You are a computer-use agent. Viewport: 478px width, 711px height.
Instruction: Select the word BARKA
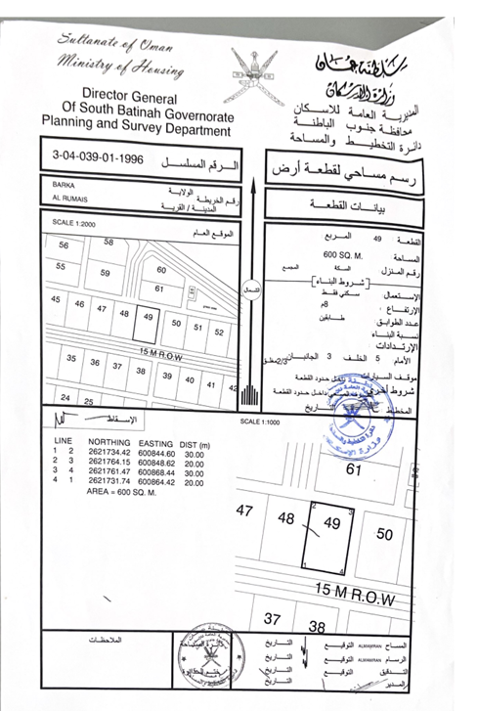[x=64, y=184]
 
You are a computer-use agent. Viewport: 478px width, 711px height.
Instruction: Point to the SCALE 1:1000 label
[x=259, y=422]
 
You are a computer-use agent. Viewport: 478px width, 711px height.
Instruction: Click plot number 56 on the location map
[x=65, y=245]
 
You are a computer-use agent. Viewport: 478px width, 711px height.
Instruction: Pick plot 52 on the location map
[x=220, y=333]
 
